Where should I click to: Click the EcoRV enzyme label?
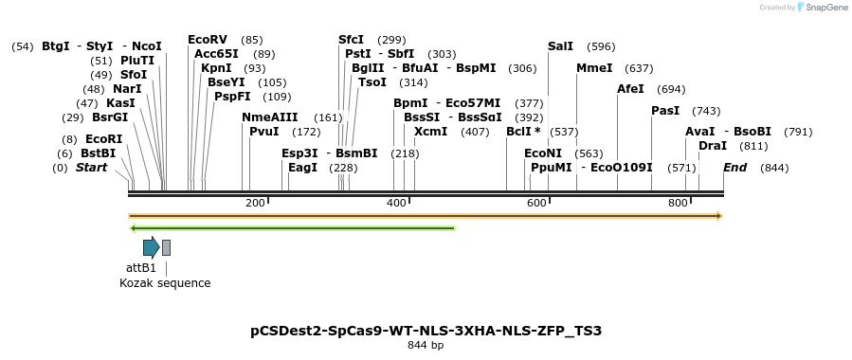[208, 40]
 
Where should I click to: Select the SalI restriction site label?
[560, 46]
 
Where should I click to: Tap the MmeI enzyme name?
[594, 68]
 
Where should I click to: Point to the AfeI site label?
[630, 89]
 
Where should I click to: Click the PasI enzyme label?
[665, 111]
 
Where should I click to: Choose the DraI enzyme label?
[713, 146]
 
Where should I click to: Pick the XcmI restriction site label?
[431, 132]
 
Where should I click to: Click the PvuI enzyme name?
[264, 132]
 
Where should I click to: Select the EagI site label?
[302, 168]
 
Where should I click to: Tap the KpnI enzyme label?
[216, 68]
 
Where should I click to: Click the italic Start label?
[91, 168]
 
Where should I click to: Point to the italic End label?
[735, 168]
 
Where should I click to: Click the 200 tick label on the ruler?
[255, 204]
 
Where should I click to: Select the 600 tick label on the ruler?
[536, 204]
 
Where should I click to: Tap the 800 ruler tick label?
[678, 204]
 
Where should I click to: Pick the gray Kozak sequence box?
[166, 248]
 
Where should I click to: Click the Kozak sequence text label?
[165, 283]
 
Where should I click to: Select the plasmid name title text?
[426, 331]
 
